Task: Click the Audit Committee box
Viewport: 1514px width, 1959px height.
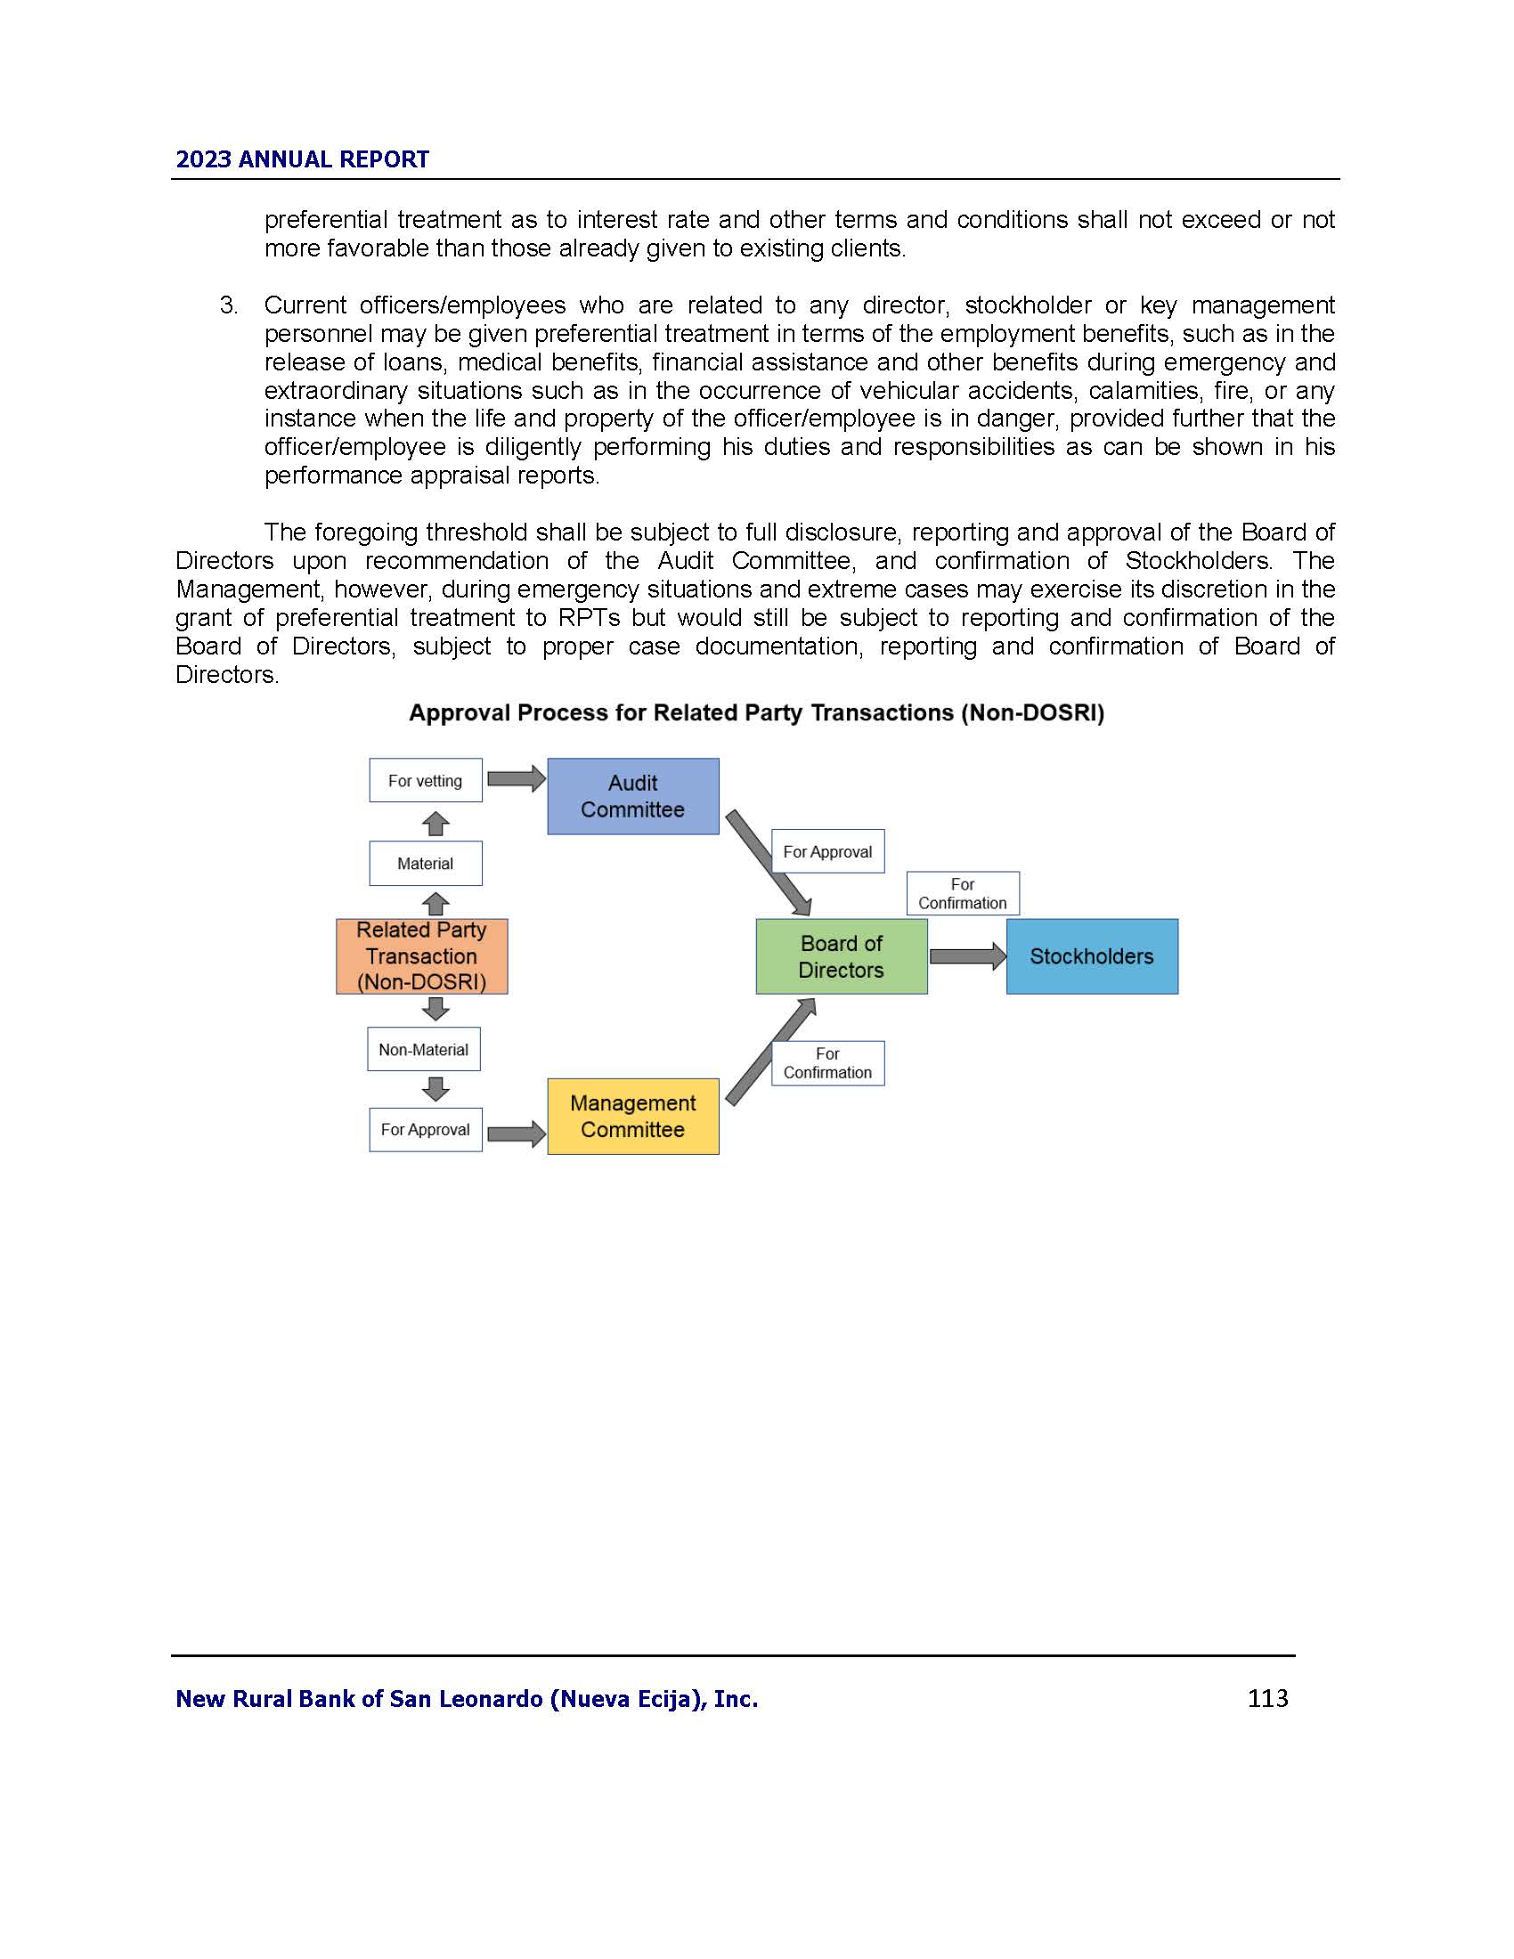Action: click(632, 797)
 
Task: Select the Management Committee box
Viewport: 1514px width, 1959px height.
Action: click(632, 1116)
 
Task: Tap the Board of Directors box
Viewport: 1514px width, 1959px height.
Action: click(841, 956)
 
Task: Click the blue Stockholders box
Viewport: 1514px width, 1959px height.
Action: click(1092, 956)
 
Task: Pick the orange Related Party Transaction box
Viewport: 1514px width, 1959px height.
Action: click(421, 956)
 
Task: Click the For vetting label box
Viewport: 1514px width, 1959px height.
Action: click(425, 780)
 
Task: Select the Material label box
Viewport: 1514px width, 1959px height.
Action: click(425, 863)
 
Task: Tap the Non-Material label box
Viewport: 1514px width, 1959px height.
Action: click(423, 1049)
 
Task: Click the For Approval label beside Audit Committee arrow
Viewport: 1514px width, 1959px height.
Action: click(827, 851)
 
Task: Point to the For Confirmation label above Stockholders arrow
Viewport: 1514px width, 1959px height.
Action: click(963, 893)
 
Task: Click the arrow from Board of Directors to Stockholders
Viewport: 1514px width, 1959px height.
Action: click(967, 956)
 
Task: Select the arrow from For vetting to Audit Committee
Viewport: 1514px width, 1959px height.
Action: click(516, 778)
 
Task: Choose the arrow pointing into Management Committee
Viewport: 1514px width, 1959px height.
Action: click(516, 1134)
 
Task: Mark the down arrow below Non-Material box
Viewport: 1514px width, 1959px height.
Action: click(435, 1089)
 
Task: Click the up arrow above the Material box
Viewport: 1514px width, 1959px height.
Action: click(435, 824)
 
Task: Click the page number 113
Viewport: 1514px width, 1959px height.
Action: click(1267, 1698)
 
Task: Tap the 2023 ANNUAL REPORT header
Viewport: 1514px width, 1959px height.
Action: click(302, 159)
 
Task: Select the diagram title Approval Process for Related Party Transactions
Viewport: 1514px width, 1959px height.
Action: click(756, 713)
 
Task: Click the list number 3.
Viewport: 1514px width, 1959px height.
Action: click(229, 305)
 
